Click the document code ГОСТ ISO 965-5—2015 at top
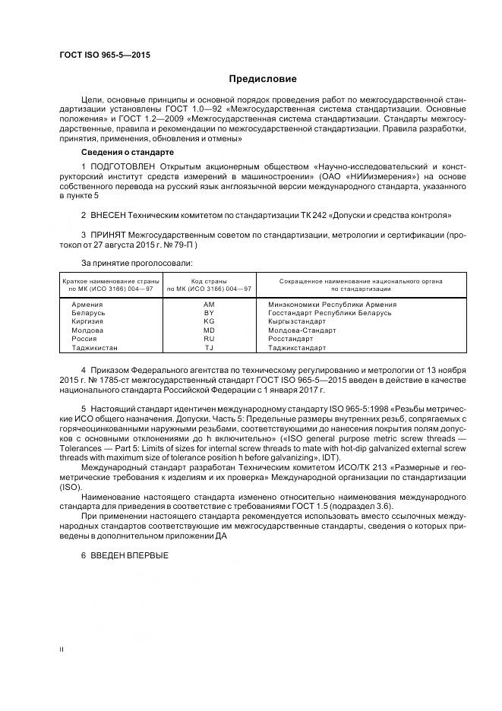click(104, 55)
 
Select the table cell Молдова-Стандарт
click(302, 330)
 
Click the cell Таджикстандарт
click(297, 348)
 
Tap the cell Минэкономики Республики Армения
click(332, 305)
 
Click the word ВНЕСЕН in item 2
click(109, 215)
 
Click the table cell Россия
click(83, 339)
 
